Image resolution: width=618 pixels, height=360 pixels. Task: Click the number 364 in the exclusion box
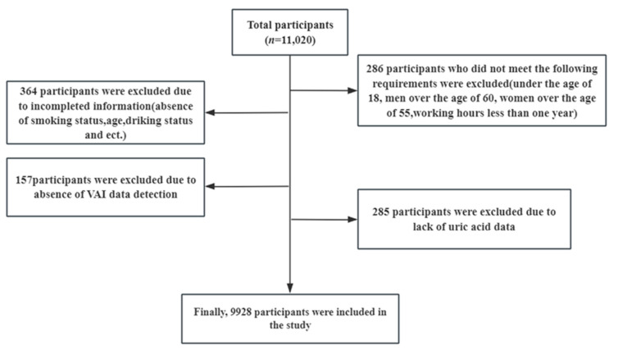pos(29,91)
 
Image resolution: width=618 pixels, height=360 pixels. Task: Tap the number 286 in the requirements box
pos(375,69)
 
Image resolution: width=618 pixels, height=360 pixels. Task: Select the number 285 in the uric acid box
pos(381,212)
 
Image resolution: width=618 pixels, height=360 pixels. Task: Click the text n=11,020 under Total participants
pos(290,40)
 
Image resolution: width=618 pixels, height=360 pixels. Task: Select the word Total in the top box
pos(260,25)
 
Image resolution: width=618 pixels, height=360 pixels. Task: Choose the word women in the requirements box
pos(515,98)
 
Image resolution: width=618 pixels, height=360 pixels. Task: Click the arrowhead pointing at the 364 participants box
pos(210,113)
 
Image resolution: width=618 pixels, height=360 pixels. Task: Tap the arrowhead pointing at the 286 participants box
pos(352,91)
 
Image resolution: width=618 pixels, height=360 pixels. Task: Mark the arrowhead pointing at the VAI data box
pos(210,186)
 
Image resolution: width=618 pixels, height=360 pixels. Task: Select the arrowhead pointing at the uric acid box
pos(352,220)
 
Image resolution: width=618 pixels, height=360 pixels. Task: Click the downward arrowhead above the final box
pos(290,288)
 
